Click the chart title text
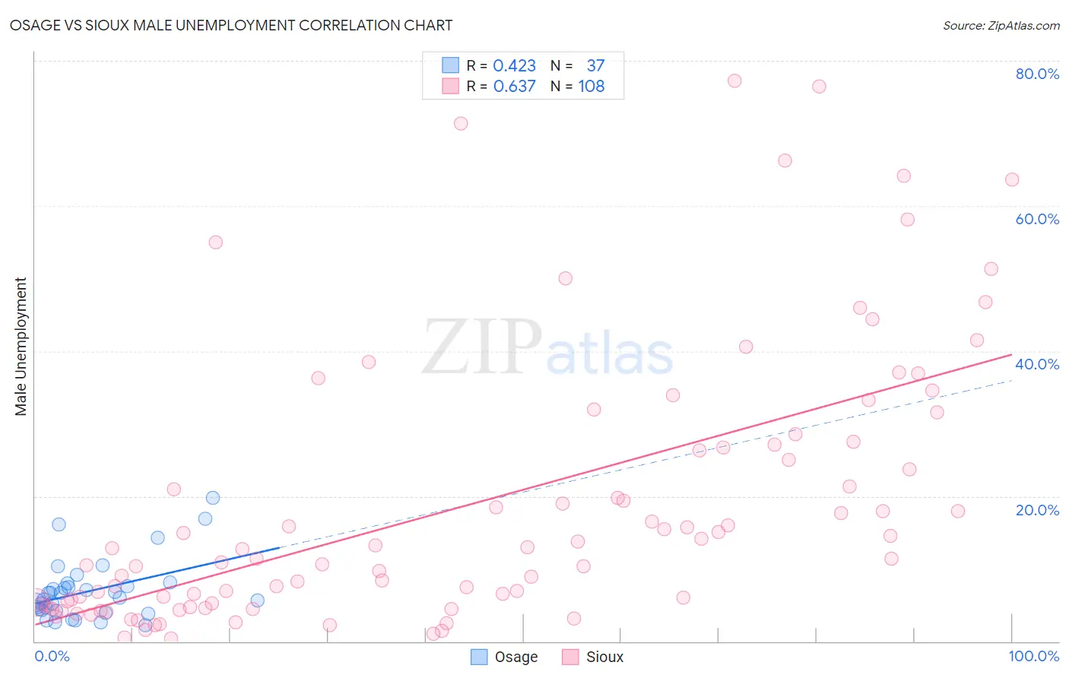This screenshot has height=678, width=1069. tap(231, 25)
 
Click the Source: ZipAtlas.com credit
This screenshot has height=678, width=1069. tap(1001, 26)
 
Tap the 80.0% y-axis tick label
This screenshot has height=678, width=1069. tap(1037, 74)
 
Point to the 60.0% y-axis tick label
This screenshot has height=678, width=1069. tap(1037, 219)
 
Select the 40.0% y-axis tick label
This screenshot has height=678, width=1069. tap(1037, 364)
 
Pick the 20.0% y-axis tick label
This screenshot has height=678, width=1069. tap(1037, 509)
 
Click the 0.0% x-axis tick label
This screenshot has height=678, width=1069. tap(52, 656)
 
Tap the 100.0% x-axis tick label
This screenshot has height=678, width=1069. tap(1033, 656)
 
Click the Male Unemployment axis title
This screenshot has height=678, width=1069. tap(21, 347)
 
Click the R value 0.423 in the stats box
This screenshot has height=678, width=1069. tap(514, 66)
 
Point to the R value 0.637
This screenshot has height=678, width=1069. tap(514, 87)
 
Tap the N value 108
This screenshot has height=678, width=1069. tap(591, 87)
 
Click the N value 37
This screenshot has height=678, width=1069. tap(595, 66)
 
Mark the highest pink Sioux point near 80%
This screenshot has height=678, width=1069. tap(734, 81)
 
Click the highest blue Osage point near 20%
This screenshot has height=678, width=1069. tap(213, 498)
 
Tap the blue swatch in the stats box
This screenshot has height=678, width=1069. tap(451, 65)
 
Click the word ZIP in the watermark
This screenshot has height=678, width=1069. tap(481, 348)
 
